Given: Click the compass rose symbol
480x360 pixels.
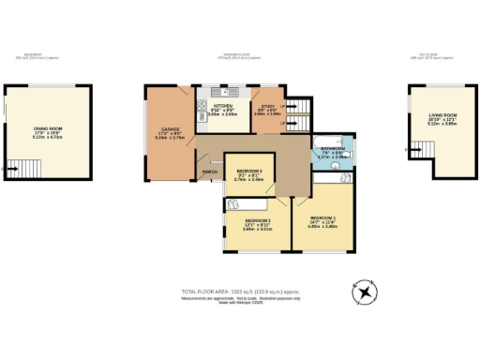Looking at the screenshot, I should pos(363,292).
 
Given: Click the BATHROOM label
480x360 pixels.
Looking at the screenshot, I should pos(330,148).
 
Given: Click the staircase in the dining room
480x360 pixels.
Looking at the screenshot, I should pos(14,169).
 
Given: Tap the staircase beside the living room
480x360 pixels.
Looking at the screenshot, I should pos(408,150).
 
